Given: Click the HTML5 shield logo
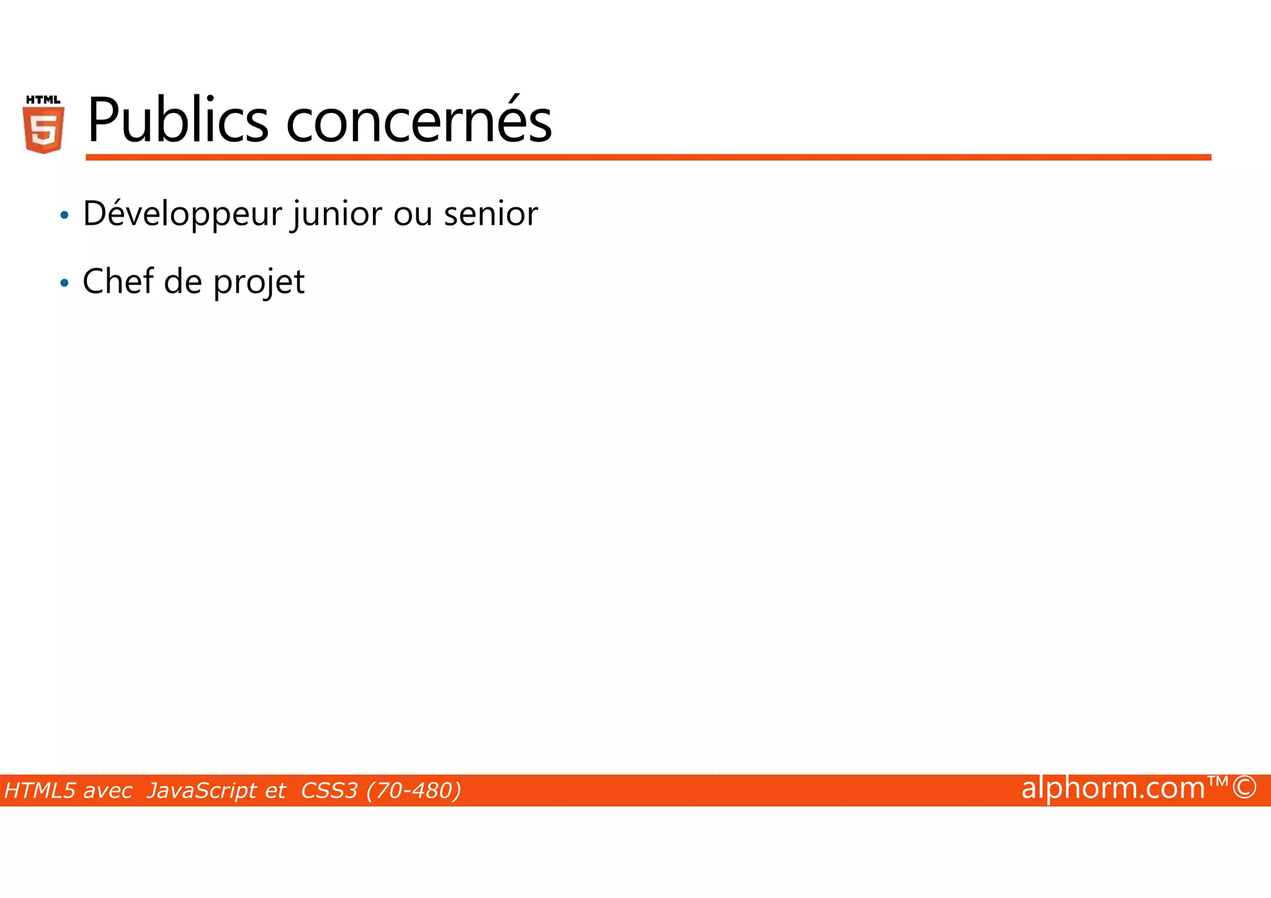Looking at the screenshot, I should pyautogui.click(x=43, y=125).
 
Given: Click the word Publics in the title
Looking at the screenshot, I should pyautogui.click(x=177, y=120).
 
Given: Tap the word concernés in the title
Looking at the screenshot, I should pyautogui.click(x=418, y=120).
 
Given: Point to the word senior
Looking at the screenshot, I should pyautogui.click(x=490, y=214).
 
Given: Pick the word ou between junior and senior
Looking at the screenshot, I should pyautogui.click(x=412, y=214).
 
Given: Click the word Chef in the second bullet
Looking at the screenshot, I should pyautogui.click(x=117, y=282).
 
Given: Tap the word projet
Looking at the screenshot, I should pyautogui.click(x=259, y=283).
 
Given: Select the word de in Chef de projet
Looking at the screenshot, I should pyautogui.click(x=183, y=282).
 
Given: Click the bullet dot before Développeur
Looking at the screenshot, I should pyautogui.click(x=64, y=216).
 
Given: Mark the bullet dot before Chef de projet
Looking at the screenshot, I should pyautogui.click(x=64, y=284).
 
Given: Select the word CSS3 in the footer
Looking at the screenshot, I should pyautogui.click(x=329, y=791).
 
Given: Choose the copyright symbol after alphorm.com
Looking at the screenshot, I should pyautogui.click(x=1244, y=788).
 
